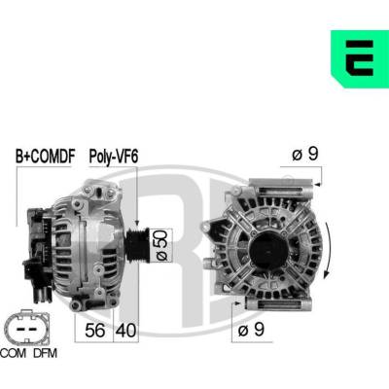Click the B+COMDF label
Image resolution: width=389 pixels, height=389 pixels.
[x=46, y=157]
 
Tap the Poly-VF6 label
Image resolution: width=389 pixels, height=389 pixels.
[x=114, y=157]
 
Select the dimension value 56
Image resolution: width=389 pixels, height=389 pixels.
[x=95, y=331]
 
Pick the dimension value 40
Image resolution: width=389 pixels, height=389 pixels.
[x=125, y=331]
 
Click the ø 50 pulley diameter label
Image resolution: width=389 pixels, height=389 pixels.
[x=161, y=245]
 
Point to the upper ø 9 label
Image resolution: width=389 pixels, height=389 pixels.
[x=305, y=154]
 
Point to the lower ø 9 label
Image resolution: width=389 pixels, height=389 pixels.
[x=251, y=330]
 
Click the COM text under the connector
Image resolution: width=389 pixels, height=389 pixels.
[x=14, y=353]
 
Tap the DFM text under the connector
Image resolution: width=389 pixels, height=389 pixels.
[x=45, y=353]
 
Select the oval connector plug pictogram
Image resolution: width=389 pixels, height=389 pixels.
[x=27, y=328]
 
